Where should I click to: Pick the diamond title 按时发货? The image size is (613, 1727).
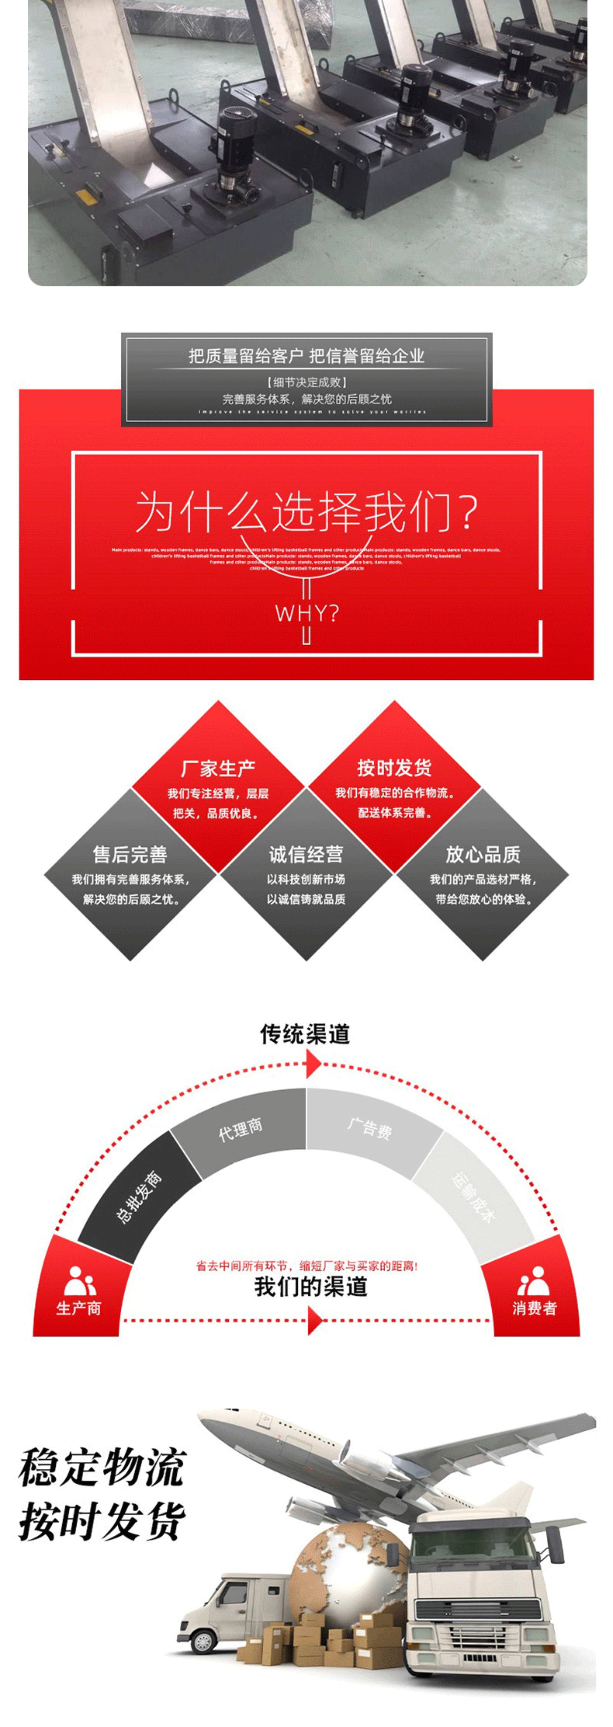(x=394, y=768)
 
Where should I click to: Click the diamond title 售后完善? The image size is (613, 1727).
(x=130, y=854)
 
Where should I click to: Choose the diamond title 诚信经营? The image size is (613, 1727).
(x=306, y=854)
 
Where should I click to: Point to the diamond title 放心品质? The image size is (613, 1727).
(x=482, y=854)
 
